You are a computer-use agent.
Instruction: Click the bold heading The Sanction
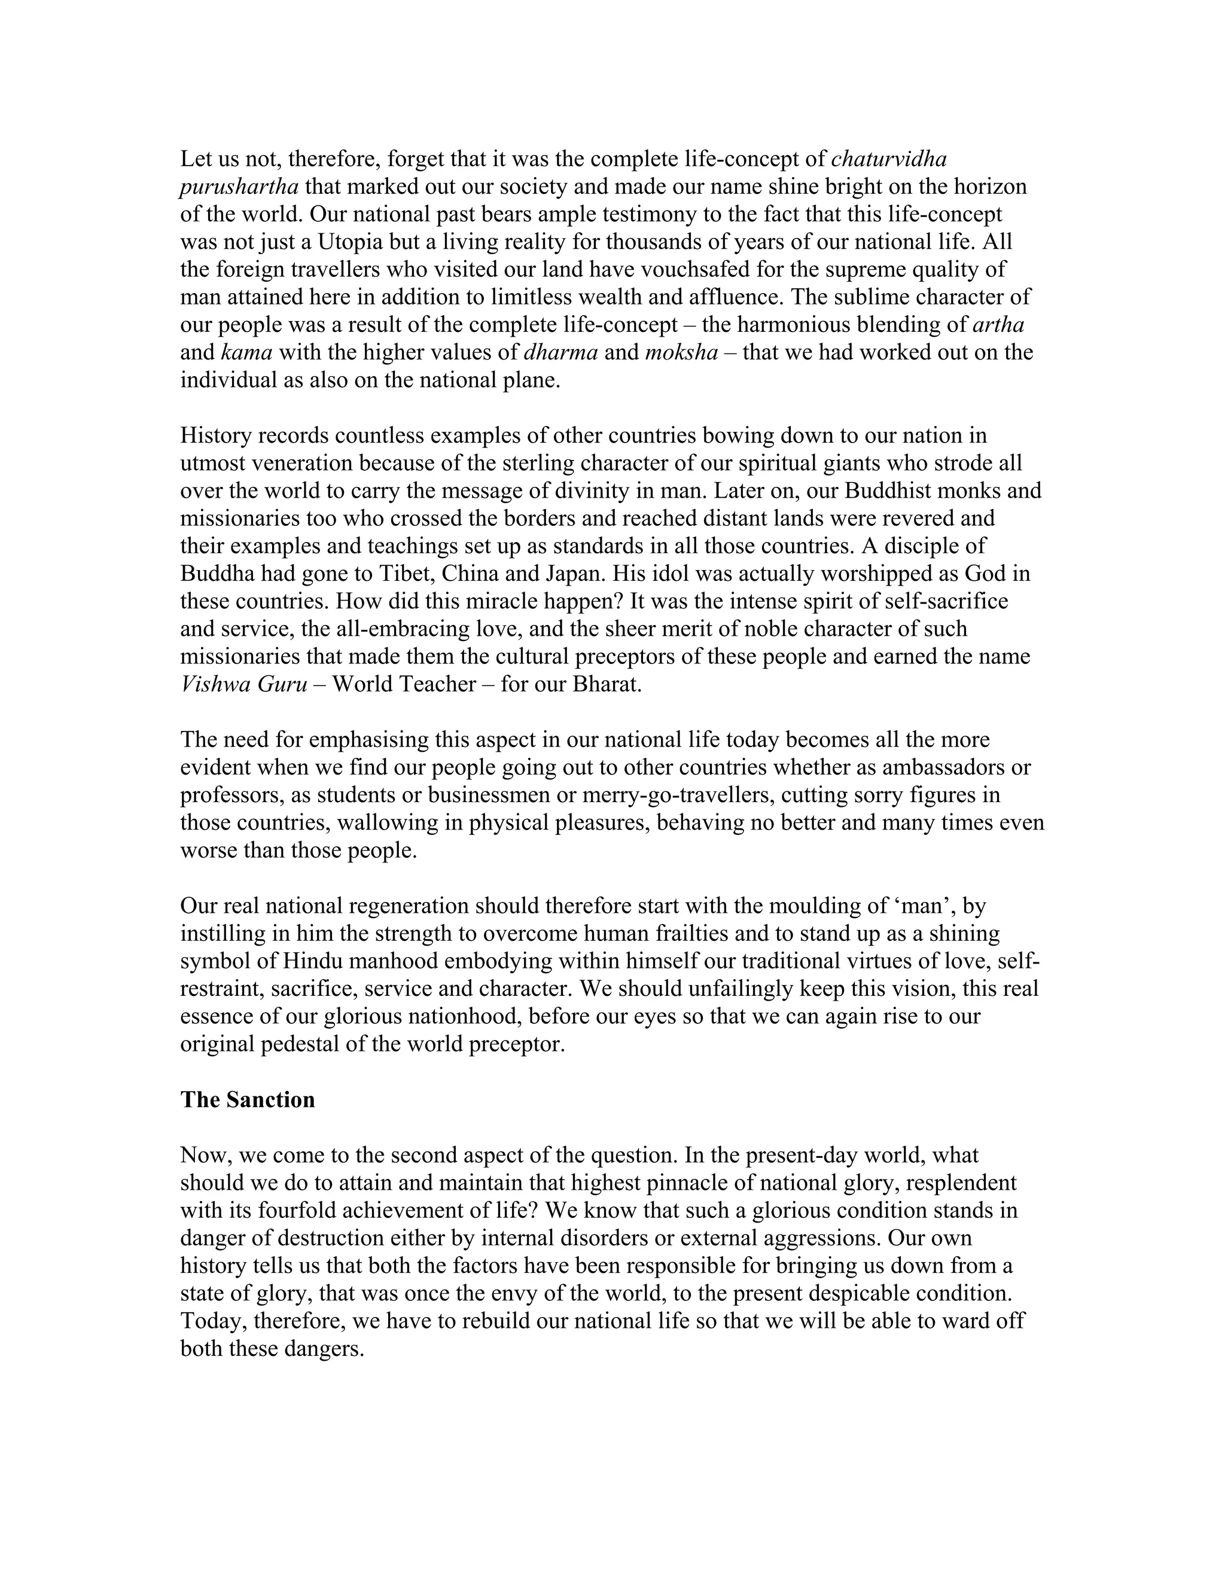pos(248,1099)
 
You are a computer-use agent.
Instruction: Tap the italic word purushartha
pos(239,187)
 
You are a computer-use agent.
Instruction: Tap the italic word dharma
pos(560,353)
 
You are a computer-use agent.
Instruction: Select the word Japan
pos(575,574)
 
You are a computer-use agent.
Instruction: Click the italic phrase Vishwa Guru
pos(244,684)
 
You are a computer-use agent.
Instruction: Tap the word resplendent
pos(962,1183)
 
